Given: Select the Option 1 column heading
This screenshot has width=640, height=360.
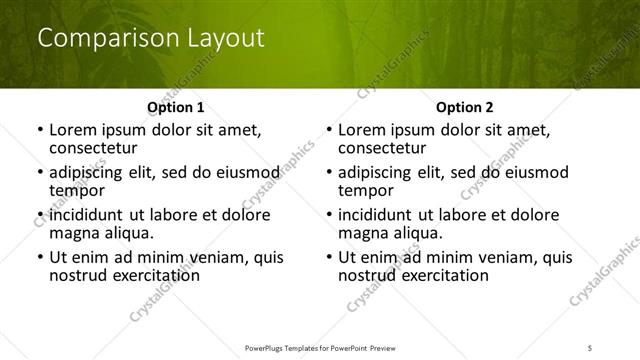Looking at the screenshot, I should tap(176, 107).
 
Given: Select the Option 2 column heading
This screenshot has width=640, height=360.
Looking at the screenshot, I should tap(464, 107).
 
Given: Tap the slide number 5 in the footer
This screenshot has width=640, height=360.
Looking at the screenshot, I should tap(591, 346).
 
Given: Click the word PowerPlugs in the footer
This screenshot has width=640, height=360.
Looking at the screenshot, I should tap(267, 346).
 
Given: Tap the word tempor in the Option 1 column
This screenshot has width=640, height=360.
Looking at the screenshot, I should tap(75, 191).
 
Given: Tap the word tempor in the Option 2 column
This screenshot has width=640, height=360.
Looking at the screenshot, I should tap(364, 191).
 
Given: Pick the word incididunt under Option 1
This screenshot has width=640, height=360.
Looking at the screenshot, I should tap(88, 215).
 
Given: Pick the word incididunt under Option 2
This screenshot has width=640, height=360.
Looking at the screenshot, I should tap(377, 215).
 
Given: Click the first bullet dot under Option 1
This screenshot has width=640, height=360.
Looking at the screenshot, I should tap(40, 130).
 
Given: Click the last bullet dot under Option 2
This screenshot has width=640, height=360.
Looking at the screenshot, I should tap(329, 258).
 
